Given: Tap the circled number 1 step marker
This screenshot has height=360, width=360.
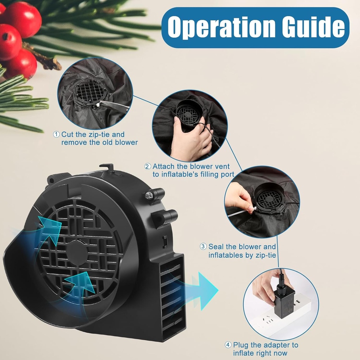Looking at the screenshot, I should click(57, 134).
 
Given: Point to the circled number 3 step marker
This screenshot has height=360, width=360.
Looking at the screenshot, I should click(204, 247).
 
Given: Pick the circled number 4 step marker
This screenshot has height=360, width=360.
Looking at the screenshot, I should click(229, 345).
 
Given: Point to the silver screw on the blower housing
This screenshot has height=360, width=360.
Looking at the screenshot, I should click(149, 195).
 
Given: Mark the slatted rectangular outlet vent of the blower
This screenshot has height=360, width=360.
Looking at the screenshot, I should click(171, 297).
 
